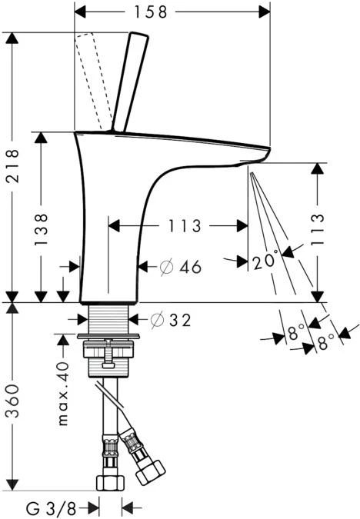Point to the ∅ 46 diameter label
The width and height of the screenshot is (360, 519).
click(x=180, y=268)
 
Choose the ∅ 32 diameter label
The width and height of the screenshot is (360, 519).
click(x=169, y=318)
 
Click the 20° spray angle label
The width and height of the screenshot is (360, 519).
click(x=264, y=261)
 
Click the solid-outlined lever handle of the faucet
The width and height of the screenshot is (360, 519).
click(x=128, y=81)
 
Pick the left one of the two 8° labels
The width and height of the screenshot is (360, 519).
click(x=295, y=334)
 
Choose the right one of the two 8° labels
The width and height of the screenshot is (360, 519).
click(x=326, y=341)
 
